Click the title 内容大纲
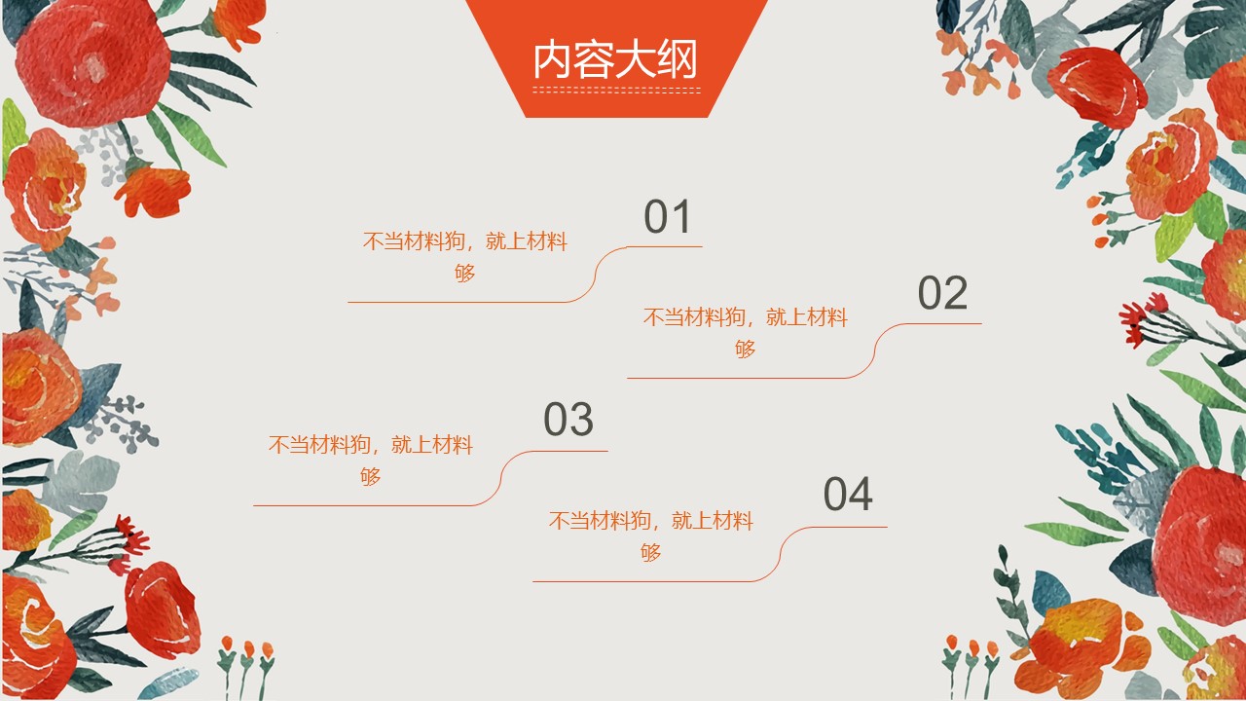615,59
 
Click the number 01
668,216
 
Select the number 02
942,293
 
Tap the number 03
568,419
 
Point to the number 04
848,494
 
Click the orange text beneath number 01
465,256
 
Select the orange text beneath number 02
746,333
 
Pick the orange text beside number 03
371,461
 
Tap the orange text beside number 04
651,536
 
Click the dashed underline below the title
617,91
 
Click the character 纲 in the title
677,59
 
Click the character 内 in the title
552,59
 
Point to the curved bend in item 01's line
596,275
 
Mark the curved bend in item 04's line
781,555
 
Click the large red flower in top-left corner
93,60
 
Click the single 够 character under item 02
746,349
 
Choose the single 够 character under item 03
371,476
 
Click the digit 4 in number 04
861,494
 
